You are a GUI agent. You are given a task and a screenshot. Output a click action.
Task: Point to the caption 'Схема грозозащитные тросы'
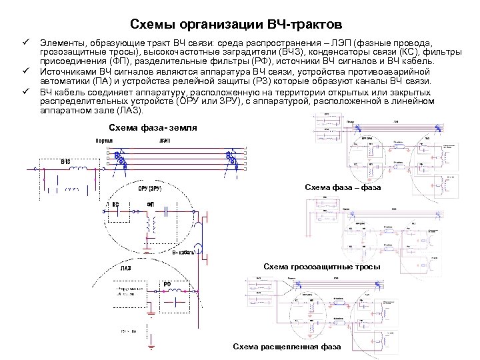pos(322,267)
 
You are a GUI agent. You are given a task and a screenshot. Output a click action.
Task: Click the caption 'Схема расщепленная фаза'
pos(287,347)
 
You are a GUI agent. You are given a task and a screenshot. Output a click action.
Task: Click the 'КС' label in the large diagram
pos(115,205)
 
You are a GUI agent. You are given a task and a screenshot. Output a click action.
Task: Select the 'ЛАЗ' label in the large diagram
pos(126,269)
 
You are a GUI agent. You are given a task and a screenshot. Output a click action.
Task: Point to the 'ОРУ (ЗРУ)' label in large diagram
pos(151,189)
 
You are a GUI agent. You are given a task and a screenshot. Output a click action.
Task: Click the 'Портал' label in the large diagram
pos(103,141)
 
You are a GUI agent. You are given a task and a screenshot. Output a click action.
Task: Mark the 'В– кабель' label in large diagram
pos(183,253)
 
